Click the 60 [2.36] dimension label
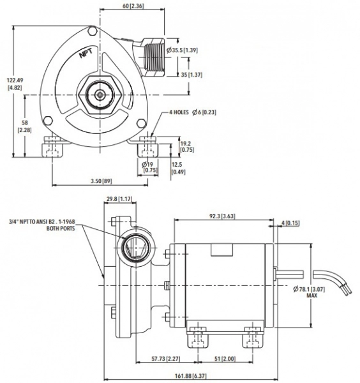point(133,6)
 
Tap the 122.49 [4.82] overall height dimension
point(15,84)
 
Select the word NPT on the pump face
point(86,53)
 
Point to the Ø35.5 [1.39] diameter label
point(182,50)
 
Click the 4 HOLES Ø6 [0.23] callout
point(193,112)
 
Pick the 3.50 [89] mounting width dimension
point(101,181)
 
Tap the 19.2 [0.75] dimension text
point(187,147)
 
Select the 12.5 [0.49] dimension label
point(178,169)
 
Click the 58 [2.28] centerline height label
point(25,126)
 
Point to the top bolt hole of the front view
point(92,31)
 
